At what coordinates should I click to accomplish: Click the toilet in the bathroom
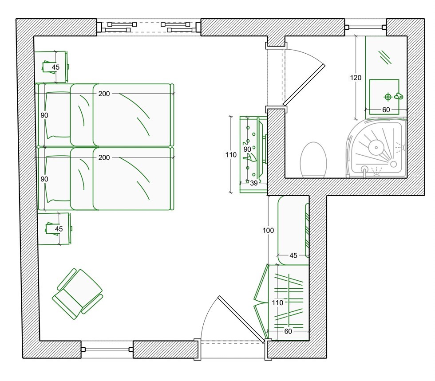click(313, 160)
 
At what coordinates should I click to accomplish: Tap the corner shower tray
click(376, 148)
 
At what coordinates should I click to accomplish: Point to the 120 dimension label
click(356, 78)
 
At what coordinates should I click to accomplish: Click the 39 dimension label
click(254, 183)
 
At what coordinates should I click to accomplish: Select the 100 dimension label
click(268, 230)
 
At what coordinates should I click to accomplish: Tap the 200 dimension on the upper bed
click(104, 94)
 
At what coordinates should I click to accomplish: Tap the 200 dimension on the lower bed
click(104, 157)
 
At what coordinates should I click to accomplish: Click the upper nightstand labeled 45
click(51, 67)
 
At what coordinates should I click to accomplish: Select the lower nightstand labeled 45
click(55, 229)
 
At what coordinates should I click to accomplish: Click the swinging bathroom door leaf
click(304, 85)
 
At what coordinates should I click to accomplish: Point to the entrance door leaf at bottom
click(241, 319)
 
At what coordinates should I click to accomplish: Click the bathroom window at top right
click(365, 27)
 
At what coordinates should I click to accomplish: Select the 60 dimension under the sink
click(386, 110)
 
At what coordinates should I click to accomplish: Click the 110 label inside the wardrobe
click(277, 302)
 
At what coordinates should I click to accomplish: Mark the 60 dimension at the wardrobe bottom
click(288, 331)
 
